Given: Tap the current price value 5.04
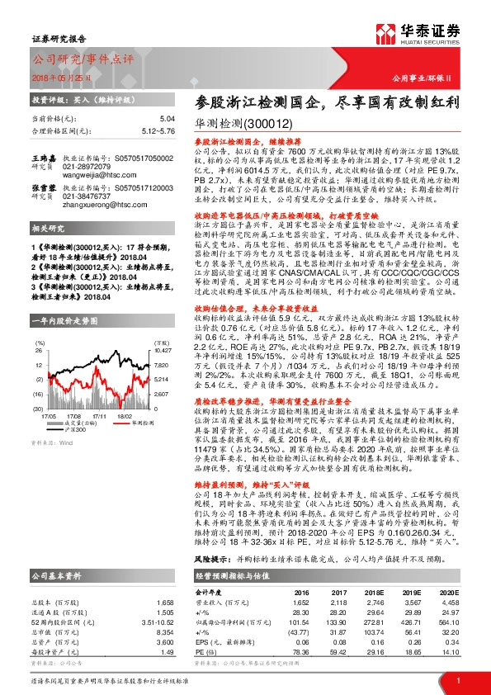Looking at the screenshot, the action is (x=168, y=120).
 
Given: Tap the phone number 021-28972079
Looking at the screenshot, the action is (x=88, y=166).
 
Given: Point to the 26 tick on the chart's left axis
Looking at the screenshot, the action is (x=37, y=316).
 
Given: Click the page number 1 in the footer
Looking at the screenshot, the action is (x=458, y=679).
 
